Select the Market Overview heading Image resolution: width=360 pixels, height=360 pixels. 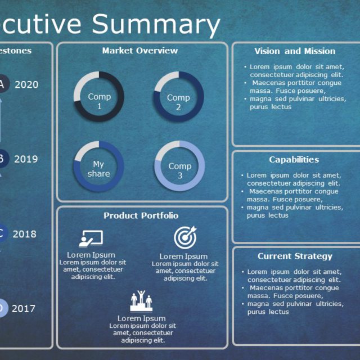pos(139,51)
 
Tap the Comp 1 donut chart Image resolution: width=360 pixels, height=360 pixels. pos(99,96)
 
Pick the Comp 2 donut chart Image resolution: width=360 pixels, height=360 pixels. pos(178,97)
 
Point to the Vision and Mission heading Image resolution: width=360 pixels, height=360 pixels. pos(294,51)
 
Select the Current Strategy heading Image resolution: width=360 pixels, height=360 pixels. pos(295,256)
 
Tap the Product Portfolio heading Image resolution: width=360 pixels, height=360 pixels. pos(141,215)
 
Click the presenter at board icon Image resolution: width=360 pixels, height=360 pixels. pos(91,239)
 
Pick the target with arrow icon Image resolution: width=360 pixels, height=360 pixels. pos(184,238)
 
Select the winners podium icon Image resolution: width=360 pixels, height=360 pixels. pos(141,301)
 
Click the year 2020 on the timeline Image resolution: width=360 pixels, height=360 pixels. pos(26,85)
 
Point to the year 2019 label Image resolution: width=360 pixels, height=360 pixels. pos(26,159)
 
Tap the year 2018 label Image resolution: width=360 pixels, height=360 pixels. pos(24,234)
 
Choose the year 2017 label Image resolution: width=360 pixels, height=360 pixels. pos(23,309)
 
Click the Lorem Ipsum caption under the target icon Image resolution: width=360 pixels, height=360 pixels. pos(183,256)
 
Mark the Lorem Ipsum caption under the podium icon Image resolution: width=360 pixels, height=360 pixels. pos(141,318)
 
